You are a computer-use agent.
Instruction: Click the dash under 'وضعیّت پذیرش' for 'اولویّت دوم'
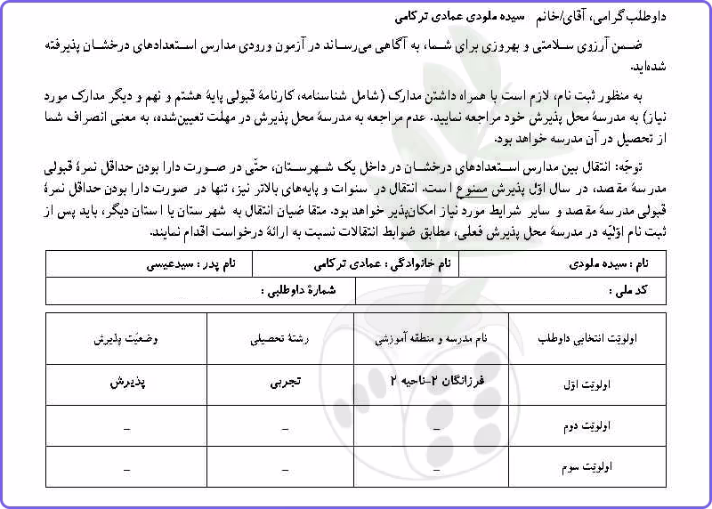point(125,428)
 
